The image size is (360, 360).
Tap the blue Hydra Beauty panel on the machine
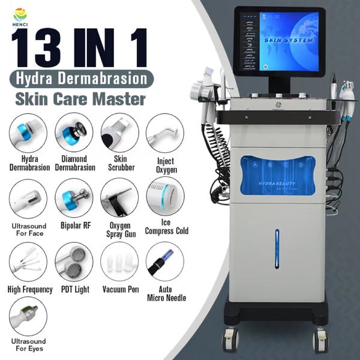click(x=277, y=175)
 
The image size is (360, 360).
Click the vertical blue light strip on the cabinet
click(x=277, y=248)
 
